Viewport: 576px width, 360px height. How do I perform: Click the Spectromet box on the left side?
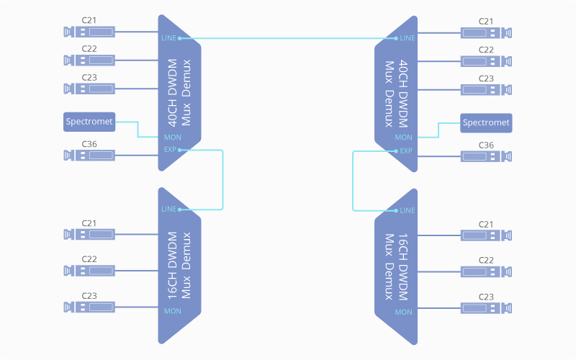click(x=89, y=122)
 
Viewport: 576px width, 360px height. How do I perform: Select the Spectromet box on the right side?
click(x=486, y=122)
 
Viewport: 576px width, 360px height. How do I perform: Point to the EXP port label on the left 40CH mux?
click(x=170, y=150)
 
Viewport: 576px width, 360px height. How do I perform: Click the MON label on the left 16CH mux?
click(x=173, y=311)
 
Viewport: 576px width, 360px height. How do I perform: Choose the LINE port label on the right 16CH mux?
click(x=407, y=210)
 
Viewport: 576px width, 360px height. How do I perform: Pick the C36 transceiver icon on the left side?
click(x=89, y=155)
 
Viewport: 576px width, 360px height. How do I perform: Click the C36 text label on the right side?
click(x=487, y=145)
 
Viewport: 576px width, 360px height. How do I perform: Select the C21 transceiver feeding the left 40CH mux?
click(x=89, y=32)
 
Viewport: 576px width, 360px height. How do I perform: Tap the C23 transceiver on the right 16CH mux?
click(x=487, y=307)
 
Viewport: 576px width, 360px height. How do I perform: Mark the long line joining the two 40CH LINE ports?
click(x=288, y=37)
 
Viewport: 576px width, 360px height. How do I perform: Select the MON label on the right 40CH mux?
click(x=404, y=137)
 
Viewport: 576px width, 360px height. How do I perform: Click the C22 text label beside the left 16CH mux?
click(x=89, y=258)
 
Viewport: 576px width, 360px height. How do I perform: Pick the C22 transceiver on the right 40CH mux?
click(x=487, y=61)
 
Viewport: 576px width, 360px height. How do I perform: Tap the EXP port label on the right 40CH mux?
click(x=406, y=150)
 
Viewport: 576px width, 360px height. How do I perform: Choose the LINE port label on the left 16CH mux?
click(x=168, y=210)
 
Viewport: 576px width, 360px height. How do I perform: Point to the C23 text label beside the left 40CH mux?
click(x=89, y=77)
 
